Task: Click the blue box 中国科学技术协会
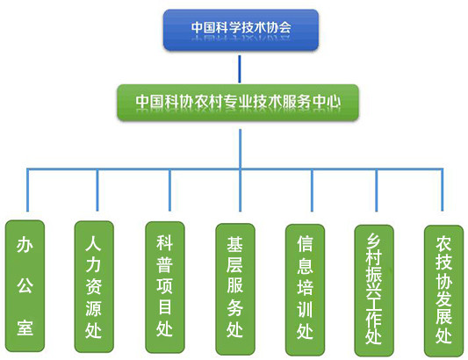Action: [241, 30]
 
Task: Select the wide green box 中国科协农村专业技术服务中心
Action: [238, 103]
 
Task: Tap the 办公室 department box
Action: [25, 286]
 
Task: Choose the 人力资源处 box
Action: [94, 286]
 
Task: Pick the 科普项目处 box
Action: [165, 287]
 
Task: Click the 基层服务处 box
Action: [235, 289]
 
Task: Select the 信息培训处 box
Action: [305, 290]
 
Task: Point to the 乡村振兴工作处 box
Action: [374, 291]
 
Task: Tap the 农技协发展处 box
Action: [443, 291]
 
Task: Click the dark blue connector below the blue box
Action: [240, 69]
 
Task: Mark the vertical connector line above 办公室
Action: [27, 191]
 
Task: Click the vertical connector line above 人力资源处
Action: [97, 191]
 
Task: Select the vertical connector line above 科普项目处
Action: [169, 191]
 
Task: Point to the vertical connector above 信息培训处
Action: [313, 191]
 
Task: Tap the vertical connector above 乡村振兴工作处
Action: [377, 191]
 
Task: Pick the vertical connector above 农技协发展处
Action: [443, 190]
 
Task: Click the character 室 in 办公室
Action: [25, 328]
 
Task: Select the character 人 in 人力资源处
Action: [93, 242]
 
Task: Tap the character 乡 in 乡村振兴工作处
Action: [374, 241]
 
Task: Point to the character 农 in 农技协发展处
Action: [443, 244]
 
